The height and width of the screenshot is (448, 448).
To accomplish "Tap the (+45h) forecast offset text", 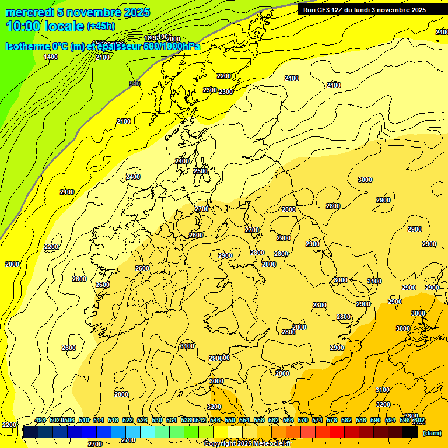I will point(101,26).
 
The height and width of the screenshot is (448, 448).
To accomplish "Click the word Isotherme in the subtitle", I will point(27,46).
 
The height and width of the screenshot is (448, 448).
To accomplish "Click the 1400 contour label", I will point(51,57).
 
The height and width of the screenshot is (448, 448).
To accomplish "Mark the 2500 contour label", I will point(201,171).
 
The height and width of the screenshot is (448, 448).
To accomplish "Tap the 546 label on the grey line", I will point(135,84).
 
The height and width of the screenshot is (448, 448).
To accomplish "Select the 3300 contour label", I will point(411,416).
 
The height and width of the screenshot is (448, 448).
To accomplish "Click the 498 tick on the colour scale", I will point(40,420).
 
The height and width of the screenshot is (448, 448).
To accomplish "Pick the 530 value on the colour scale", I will point(157,420).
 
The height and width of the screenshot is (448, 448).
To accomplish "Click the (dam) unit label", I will point(432,432).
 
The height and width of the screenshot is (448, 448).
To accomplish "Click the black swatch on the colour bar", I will point(410,432).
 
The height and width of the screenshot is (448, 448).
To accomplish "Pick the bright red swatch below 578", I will point(337,432).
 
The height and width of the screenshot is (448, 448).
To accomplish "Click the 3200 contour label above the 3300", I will point(383,404).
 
